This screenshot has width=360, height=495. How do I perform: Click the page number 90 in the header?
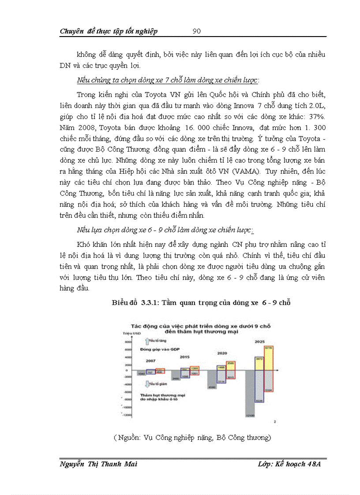[x=197, y=31]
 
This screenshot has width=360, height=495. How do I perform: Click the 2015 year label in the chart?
[x=185, y=357]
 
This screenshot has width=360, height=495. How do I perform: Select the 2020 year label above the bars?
[x=222, y=353]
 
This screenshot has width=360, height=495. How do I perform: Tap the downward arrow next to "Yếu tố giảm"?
[x=146, y=383]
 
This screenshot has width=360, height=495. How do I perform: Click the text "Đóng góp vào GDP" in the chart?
[x=159, y=349]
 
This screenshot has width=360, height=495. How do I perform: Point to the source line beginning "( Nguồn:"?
[x=191, y=437]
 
